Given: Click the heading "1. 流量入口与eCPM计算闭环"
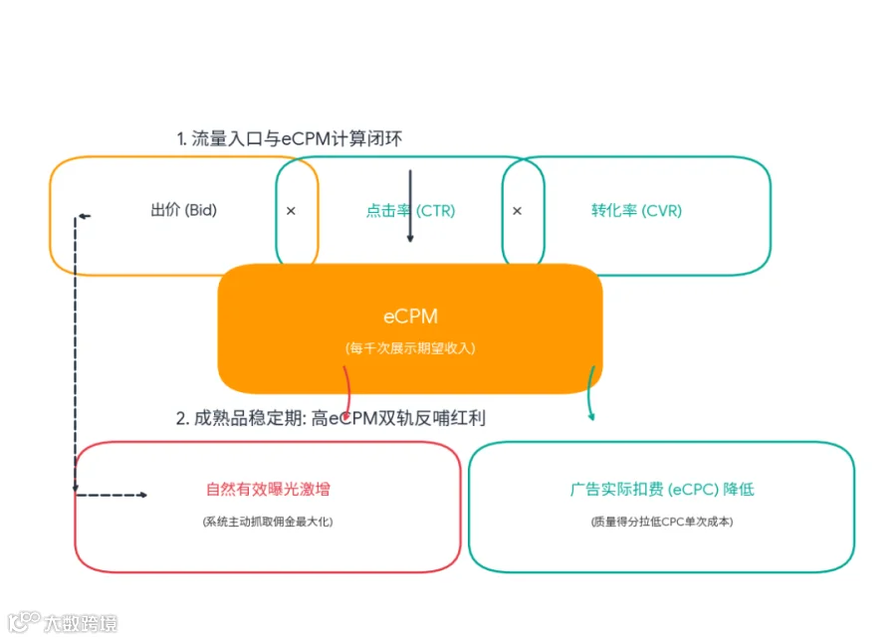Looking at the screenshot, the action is click(289, 138).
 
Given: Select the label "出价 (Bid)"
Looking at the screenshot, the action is click(184, 210).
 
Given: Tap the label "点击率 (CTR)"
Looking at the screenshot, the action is click(410, 211).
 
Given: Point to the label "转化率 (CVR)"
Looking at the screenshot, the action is click(636, 211).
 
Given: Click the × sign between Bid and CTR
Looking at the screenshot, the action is click(291, 211).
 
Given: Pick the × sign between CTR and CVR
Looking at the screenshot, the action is click(517, 211).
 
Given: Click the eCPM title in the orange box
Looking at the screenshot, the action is click(410, 317).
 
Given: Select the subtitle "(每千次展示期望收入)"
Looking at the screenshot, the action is click(410, 348).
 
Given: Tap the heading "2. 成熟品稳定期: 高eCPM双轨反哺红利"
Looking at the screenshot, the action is click(331, 418).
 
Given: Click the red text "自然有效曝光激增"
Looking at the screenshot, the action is click(268, 489).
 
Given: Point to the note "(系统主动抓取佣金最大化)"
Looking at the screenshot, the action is click(268, 522).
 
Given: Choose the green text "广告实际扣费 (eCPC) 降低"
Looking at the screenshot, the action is click(662, 489).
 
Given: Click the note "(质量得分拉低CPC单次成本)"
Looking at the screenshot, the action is click(662, 522).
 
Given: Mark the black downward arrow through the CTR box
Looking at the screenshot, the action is click(410, 206).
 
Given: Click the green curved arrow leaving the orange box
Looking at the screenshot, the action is click(591, 394).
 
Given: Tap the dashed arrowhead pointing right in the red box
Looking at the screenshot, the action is click(143, 495).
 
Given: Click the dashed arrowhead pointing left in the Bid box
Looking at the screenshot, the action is click(83, 216).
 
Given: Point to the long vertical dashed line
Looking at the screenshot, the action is click(76, 354).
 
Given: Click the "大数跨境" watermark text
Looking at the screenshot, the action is click(81, 623).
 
